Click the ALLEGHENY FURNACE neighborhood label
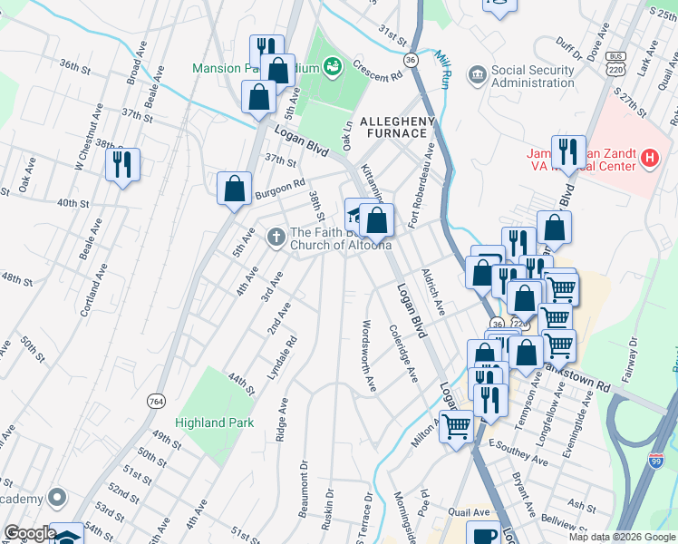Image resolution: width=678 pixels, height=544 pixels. click(x=398, y=127)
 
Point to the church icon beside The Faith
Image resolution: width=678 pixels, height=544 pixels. click(x=276, y=238)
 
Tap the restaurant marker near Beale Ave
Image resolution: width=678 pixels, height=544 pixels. click(x=121, y=164)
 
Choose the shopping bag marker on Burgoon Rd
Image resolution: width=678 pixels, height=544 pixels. click(x=235, y=189)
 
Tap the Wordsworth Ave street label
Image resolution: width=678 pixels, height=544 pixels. click(x=369, y=355)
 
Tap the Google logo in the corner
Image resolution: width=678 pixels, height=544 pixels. click(x=29, y=534)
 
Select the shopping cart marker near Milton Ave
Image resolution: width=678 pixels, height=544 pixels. click(x=457, y=424)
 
